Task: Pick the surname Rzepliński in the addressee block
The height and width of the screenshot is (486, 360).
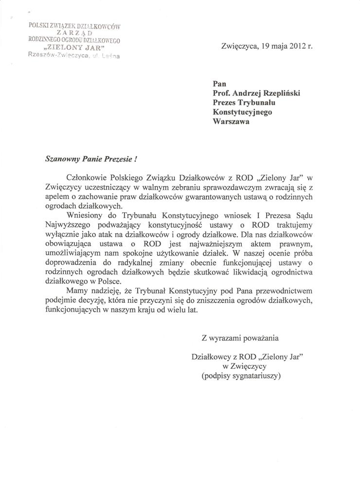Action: coord(276,94)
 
